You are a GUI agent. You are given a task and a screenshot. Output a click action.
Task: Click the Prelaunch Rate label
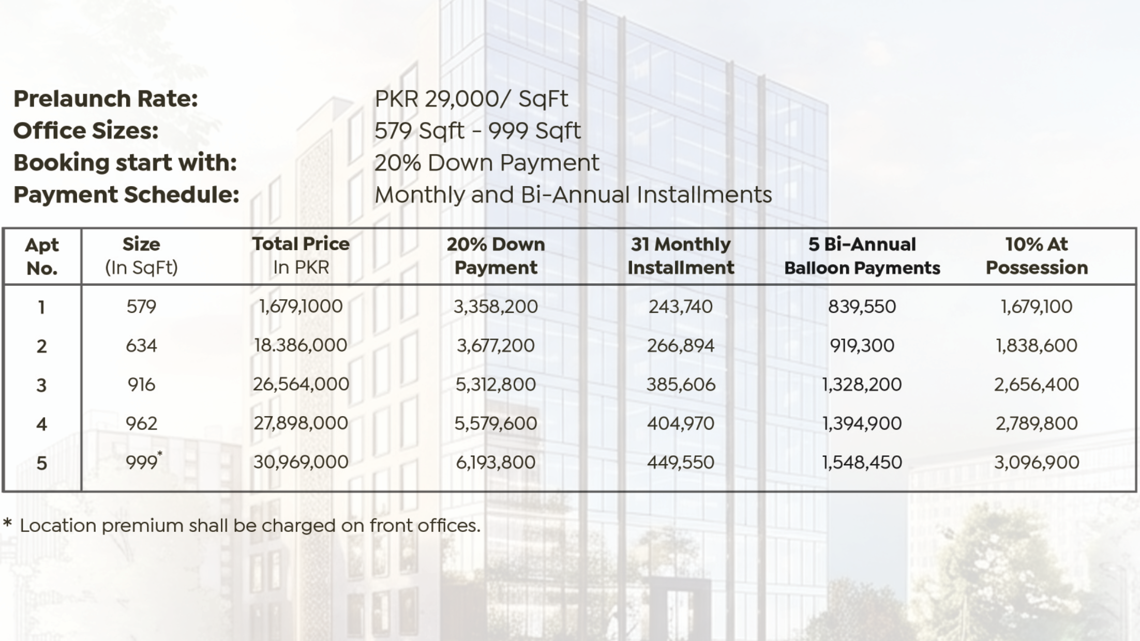tap(106, 99)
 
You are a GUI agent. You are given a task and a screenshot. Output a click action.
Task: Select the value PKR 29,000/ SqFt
tap(471, 99)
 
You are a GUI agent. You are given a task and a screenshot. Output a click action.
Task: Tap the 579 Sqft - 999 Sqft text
tap(477, 131)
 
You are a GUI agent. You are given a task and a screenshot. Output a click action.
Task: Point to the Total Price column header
tap(301, 255)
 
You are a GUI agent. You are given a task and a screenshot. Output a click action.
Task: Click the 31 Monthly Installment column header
tap(680, 255)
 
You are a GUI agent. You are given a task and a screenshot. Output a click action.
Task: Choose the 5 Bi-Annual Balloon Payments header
tap(862, 255)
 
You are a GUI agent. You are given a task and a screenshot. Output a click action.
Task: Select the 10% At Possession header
tap(1037, 255)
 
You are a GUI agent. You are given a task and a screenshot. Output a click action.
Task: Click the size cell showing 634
tap(141, 345)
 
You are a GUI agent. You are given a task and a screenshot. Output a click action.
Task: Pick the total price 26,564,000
tap(301, 384)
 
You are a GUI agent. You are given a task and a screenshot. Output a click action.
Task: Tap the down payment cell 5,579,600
tap(496, 423)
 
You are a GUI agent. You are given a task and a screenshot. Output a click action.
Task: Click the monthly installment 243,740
tap(680, 307)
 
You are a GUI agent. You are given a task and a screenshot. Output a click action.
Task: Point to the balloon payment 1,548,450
tap(862, 462)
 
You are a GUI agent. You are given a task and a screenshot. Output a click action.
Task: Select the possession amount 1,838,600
tap(1037, 345)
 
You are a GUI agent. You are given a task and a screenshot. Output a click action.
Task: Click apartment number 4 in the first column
tap(41, 424)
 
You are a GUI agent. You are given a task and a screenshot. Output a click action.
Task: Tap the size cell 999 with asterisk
tap(143, 462)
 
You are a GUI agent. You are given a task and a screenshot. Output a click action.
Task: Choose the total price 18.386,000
tap(301, 345)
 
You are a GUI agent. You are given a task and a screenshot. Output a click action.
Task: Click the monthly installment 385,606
tap(680, 384)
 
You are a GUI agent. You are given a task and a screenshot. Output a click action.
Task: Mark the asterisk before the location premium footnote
tap(7, 523)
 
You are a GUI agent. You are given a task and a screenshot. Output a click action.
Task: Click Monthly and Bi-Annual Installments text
tap(573, 195)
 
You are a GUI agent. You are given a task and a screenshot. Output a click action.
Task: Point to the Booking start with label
tap(125, 163)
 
